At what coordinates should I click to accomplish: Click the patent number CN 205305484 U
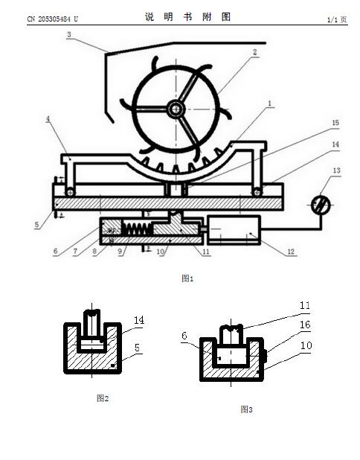(53, 19)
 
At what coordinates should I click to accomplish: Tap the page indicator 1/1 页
(337, 19)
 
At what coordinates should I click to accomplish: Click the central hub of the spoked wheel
(176, 109)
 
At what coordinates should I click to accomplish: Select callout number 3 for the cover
(69, 35)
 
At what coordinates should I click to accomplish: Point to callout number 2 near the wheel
(255, 52)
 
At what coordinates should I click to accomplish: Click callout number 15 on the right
(335, 123)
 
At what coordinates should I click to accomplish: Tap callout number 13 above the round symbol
(336, 170)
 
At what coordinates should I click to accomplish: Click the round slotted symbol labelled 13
(321, 205)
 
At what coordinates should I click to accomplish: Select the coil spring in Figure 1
(138, 229)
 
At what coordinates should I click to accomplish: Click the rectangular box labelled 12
(234, 230)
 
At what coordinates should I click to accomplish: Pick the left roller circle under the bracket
(71, 192)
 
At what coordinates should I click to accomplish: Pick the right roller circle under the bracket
(257, 192)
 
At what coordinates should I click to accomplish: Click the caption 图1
(187, 278)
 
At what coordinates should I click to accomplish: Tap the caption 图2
(103, 398)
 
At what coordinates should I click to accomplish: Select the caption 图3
(246, 409)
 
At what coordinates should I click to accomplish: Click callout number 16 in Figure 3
(305, 325)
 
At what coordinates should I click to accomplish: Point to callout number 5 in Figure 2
(137, 348)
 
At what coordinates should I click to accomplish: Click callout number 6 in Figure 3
(184, 336)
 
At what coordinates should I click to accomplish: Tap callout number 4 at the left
(48, 119)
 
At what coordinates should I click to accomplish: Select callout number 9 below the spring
(120, 252)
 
